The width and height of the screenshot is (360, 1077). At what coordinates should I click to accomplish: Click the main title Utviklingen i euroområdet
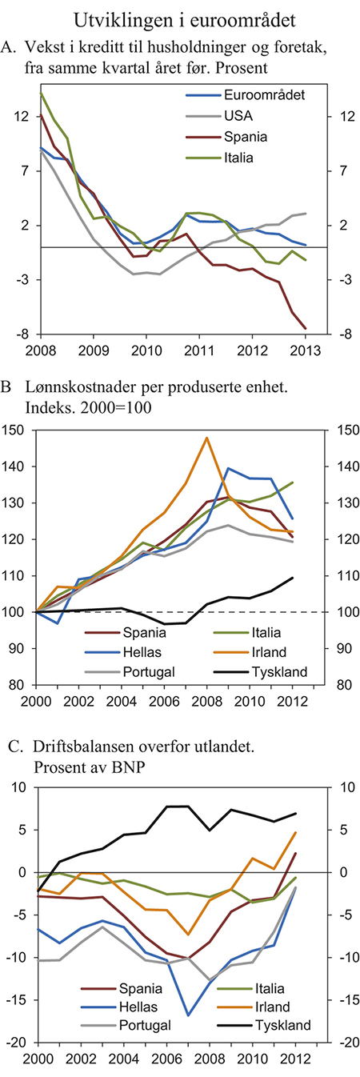179,18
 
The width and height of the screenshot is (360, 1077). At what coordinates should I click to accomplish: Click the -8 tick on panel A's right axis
337,334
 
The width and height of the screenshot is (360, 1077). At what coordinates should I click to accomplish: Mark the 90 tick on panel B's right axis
340,648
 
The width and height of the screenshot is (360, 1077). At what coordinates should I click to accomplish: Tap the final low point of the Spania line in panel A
306,328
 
